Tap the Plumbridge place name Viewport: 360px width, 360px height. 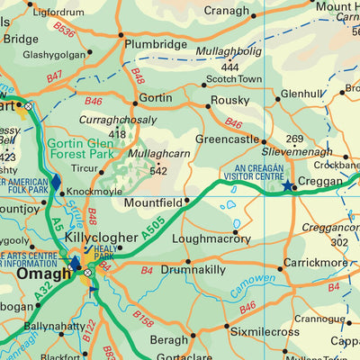pyautogui.click(x=157, y=43)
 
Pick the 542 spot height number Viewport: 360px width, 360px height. pyautogui.click(x=159, y=171)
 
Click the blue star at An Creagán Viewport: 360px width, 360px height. pyautogui.click(x=288, y=186)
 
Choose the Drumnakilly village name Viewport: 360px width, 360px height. pyautogui.click(x=193, y=269)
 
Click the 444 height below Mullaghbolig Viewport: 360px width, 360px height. pyautogui.click(x=229, y=67)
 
